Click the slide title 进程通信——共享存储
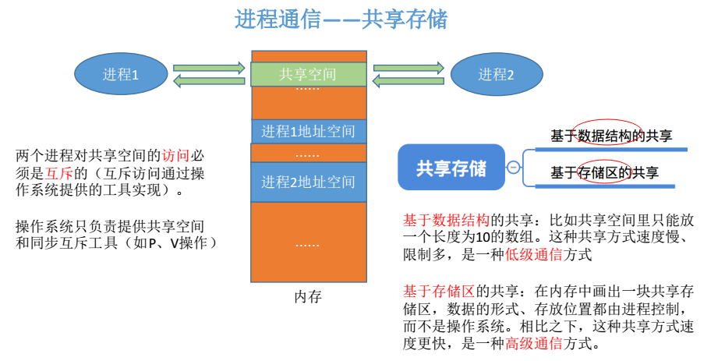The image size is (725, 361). click(341, 19)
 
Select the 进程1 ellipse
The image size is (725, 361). click(121, 75)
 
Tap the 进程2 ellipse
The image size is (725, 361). click(496, 75)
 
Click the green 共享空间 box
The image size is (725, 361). click(308, 75)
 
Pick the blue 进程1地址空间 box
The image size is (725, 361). click(308, 131)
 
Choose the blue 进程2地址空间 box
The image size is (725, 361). click(308, 182)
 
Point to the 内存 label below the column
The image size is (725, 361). click(308, 297)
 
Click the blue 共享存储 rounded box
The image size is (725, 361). click(451, 168)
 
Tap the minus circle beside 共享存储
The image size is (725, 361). click(514, 168)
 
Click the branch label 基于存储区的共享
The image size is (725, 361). click(604, 172)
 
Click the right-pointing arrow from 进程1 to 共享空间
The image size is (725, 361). click(208, 68)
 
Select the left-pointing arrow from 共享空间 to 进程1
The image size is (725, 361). click(208, 81)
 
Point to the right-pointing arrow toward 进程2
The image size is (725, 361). click(408, 68)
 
